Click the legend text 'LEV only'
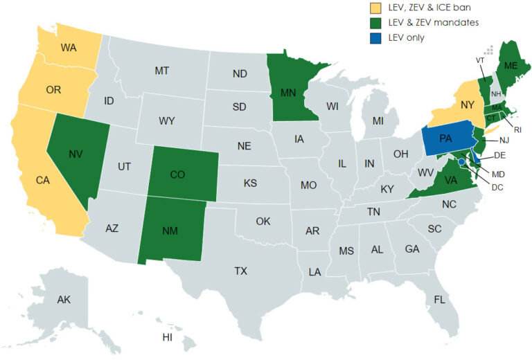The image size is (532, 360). pyautogui.click(x=405, y=37)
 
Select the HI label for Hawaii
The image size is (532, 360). pyautogui.click(x=167, y=338)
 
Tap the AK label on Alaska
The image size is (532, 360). pyautogui.click(x=64, y=300)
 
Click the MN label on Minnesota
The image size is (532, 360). pyautogui.click(x=290, y=91)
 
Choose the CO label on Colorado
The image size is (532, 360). pyautogui.click(x=177, y=175)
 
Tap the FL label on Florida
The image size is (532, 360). pyautogui.click(x=439, y=300)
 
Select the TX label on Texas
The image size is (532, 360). pyautogui.click(x=240, y=271)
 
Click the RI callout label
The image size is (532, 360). pyautogui.click(x=517, y=128)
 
